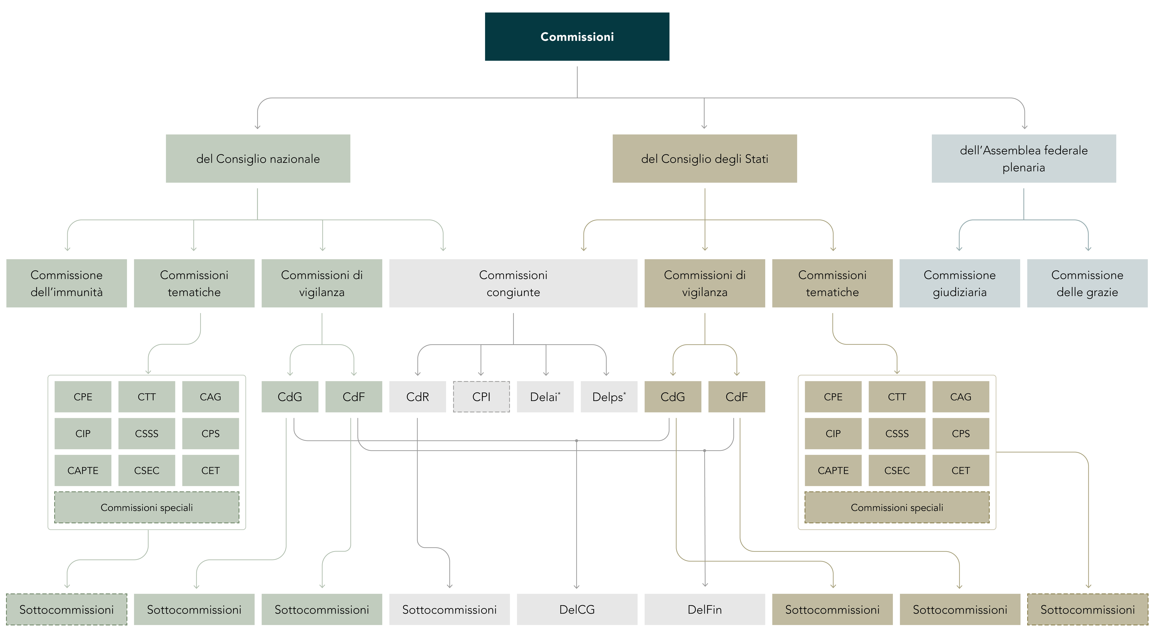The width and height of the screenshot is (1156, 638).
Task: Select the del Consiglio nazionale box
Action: pyautogui.click(x=258, y=158)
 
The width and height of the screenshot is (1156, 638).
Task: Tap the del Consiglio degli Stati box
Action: pyautogui.click(x=705, y=158)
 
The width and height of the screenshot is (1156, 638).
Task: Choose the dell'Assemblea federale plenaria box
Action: pyautogui.click(x=1024, y=158)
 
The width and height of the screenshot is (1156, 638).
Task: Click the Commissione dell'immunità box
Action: pyautogui.click(x=66, y=283)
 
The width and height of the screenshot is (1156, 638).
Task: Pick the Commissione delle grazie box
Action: pyautogui.click(x=1087, y=283)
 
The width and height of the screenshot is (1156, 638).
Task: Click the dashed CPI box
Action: pyautogui.click(x=481, y=397)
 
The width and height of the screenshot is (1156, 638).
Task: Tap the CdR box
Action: pyautogui.click(x=417, y=397)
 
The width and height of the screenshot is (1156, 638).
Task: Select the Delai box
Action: pyautogui.click(x=545, y=397)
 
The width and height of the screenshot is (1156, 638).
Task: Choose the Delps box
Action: pyautogui.click(x=609, y=397)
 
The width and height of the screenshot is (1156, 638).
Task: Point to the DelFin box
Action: pyautogui.click(x=705, y=609)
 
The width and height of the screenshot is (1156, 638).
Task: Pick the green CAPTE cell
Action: pyautogui.click(x=83, y=470)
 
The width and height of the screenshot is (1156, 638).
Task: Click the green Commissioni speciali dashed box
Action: pyautogui.click(x=147, y=508)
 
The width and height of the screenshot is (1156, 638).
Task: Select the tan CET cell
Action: pyautogui.click(x=961, y=470)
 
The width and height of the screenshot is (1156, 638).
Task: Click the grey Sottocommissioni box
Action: pyautogui.click(x=449, y=609)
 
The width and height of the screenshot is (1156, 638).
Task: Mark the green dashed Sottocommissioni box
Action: pyautogui.click(x=66, y=609)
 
